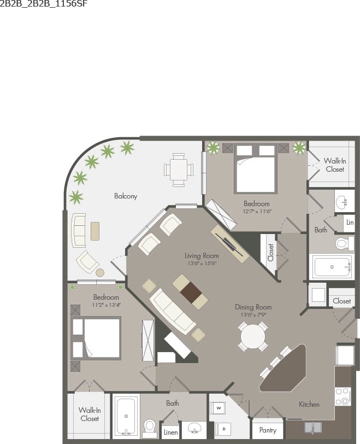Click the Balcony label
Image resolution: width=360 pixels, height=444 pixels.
coord(126,196)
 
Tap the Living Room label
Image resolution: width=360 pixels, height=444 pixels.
coord(201,256)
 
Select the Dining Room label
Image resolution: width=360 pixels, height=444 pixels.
coord(253,307)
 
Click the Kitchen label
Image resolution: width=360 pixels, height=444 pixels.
coord(309,404)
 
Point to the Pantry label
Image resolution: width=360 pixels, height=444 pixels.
coord(268,430)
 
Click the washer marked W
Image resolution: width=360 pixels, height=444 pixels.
coord(219,408)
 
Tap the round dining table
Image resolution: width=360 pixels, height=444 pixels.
coord(253,336)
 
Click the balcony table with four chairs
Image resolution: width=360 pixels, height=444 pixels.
coord(179,169)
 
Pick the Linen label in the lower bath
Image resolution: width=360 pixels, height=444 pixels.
coord(170,432)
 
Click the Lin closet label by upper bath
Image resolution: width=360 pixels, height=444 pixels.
coord(350,223)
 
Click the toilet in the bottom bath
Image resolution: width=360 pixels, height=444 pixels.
coord(149,426)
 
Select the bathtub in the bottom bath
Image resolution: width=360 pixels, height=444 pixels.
coord(126,416)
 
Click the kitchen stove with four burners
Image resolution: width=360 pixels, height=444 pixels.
coord(343,396)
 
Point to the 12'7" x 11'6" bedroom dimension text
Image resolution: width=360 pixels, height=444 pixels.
coord(257,211)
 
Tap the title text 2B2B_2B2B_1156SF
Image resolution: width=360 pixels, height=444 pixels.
coord(43,4)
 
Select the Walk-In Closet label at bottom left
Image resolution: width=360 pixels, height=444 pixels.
coord(89,414)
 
